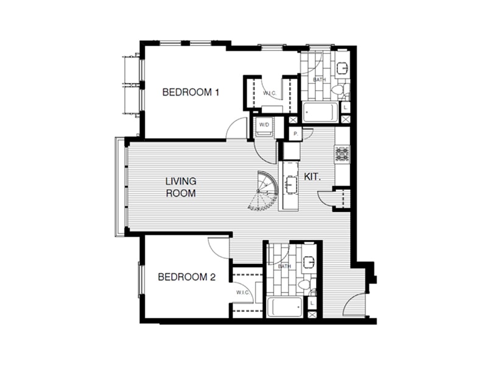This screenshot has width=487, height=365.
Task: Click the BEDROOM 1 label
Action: tap(191, 92)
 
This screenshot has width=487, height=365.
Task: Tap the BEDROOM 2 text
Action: tap(187, 277)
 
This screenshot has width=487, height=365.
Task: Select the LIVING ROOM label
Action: tap(181, 187)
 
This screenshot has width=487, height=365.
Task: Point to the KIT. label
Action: tap(312, 176)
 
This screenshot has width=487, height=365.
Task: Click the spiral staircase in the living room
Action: tap(264, 191)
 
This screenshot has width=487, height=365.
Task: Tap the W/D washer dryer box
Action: tap(265, 126)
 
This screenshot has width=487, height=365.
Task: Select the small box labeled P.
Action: tap(295, 134)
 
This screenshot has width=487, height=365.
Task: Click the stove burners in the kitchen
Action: tap(341, 154)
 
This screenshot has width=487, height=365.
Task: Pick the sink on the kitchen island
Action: tap(290, 183)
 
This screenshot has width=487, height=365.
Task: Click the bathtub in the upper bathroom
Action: tap(320, 112)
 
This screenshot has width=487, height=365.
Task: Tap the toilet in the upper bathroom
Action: tap(338, 91)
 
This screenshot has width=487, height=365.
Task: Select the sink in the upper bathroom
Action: tap(342, 68)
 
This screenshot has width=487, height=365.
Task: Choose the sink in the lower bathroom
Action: tap(309, 262)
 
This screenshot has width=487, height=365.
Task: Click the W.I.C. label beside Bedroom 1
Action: tap(270, 94)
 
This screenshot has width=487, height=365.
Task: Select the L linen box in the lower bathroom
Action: tap(312, 302)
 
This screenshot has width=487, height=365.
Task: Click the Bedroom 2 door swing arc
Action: tap(217, 245)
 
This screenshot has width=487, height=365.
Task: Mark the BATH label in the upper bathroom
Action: tap(319, 80)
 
